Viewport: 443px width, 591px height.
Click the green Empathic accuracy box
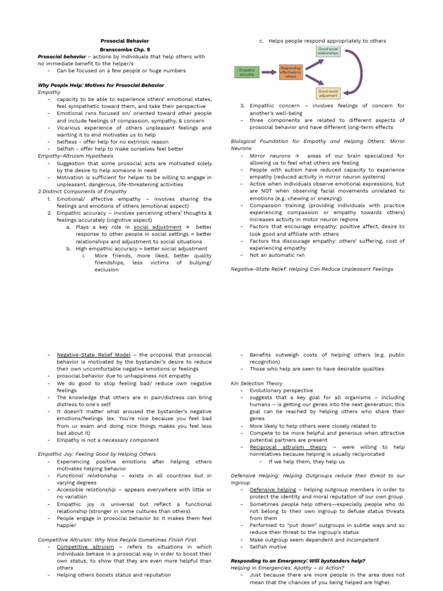246,72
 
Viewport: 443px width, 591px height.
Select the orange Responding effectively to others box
290,72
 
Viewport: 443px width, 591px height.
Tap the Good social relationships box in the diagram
328,51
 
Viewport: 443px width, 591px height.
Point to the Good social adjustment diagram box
328,93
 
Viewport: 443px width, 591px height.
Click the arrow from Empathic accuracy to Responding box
268,72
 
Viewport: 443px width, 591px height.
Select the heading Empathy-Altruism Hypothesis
75,156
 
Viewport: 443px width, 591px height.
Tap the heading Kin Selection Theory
257,383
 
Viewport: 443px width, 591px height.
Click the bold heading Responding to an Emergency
298,560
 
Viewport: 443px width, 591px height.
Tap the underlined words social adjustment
157,227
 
